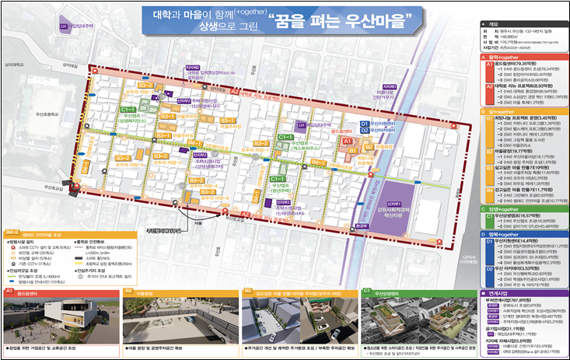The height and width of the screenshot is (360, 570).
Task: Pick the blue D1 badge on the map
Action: click(364, 124)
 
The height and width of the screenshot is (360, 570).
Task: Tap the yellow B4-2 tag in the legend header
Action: click(12, 232)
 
